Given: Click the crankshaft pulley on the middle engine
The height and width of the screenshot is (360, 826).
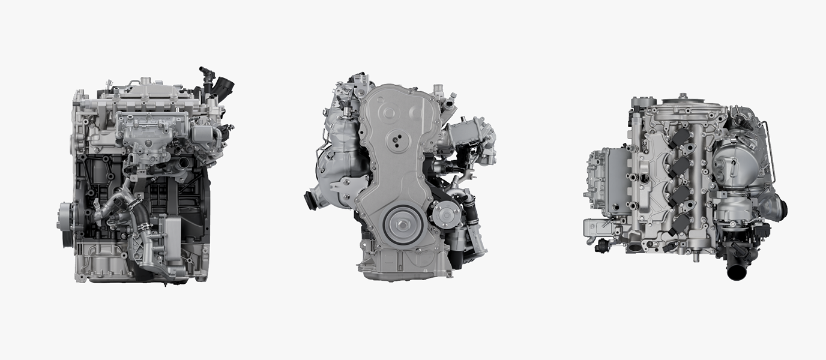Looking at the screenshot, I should [x=400, y=225].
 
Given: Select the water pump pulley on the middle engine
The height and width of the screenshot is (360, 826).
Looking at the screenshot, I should [x=447, y=214].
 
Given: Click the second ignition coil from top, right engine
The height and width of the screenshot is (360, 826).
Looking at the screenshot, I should [x=680, y=167].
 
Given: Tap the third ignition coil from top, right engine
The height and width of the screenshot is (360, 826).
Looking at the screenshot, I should [x=680, y=196].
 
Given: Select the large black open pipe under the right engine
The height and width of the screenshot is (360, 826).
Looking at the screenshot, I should [x=737, y=271].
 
